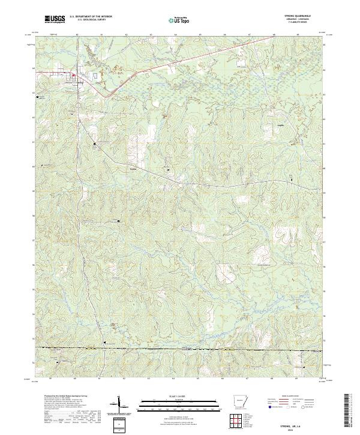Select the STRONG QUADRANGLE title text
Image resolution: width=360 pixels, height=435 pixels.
[x=302, y=16]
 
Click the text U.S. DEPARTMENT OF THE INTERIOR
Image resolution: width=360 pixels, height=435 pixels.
[x=91, y=17]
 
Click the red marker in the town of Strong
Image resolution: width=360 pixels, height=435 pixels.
[x=73, y=76]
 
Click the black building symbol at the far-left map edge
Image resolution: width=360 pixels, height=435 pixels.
[x=40, y=97]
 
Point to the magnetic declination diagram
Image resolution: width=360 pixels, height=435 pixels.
[x=121, y=405]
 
